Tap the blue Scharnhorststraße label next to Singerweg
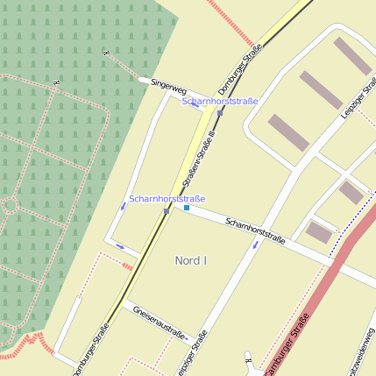[x=220, y=102]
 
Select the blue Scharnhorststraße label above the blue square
[x=167, y=199]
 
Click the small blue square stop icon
[x=187, y=208]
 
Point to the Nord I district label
[x=190, y=260]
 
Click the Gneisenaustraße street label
[x=160, y=323]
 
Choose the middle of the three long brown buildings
[x=321, y=89]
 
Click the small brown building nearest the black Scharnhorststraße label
[x=319, y=233]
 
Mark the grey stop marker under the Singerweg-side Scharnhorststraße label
[x=220, y=112]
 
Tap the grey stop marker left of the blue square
[x=167, y=210]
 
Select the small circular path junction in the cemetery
[x=11, y=205]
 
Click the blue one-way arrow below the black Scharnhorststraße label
[x=255, y=245]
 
